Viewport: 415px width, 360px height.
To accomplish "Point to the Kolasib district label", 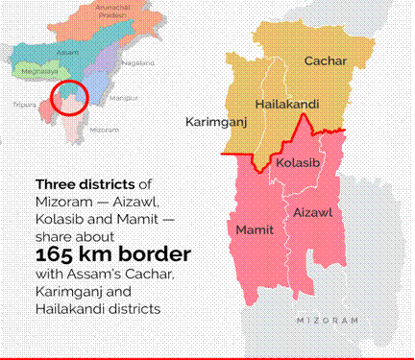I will (x=294, y=164).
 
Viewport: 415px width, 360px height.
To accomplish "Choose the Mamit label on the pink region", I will (x=255, y=229).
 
